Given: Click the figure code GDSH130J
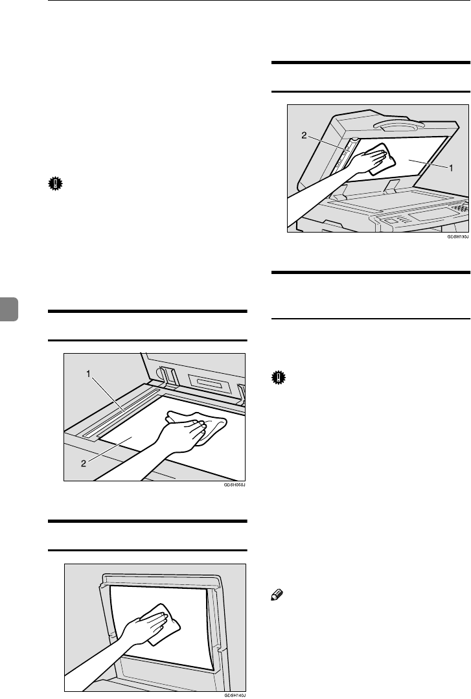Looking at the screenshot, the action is [457, 238].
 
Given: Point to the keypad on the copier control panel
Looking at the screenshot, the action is [458, 209].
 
